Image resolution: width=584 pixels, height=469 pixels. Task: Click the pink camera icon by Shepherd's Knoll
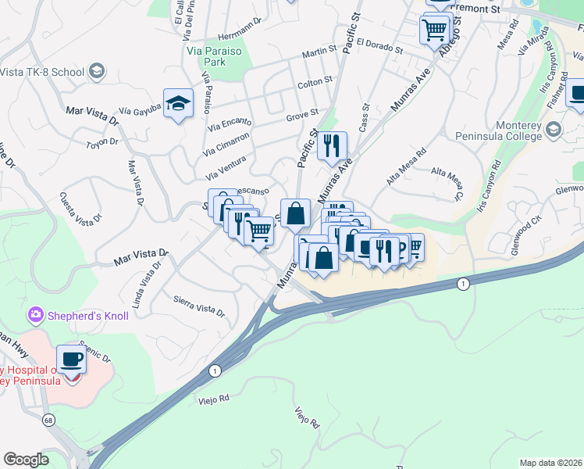click(34, 315)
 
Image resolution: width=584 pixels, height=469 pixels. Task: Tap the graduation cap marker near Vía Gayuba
click(179, 105)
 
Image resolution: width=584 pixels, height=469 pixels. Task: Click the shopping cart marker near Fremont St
click(434, 31)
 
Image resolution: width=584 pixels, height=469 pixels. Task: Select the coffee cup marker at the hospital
click(73, 360)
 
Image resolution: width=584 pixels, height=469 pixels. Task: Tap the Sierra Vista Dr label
click(198, 306)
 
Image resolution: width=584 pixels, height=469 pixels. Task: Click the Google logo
click(26, 459)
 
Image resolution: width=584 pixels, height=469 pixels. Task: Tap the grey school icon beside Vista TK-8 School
click(96, 72)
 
